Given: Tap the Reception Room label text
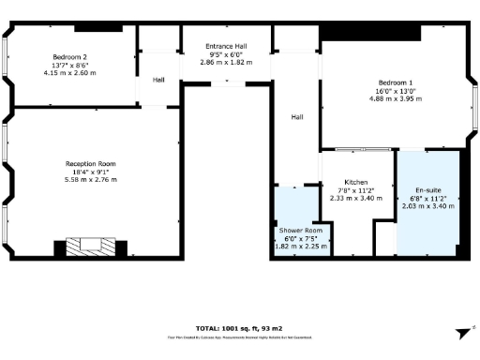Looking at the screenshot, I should coord(91,163).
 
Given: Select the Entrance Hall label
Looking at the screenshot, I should coord(226,46).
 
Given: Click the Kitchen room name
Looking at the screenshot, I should coord(355,182).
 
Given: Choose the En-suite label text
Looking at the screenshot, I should coord(428,190).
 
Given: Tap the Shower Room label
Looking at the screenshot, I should coord(301,231).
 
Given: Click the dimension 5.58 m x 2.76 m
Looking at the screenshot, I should coord(91,179).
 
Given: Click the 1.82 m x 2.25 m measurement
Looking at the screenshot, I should coord(301,247).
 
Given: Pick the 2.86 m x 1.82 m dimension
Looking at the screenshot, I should coord(226,62).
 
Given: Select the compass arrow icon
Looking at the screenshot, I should coord(461,332).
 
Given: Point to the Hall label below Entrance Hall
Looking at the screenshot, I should coord(296,117).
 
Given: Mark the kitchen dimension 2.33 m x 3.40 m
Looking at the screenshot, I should coord(355,198).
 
